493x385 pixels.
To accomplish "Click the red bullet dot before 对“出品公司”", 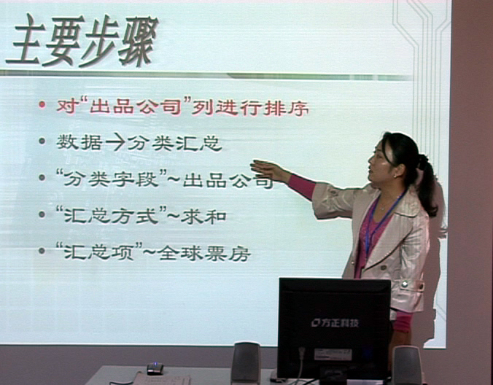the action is [42, 104].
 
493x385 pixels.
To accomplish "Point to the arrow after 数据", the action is [116, 142].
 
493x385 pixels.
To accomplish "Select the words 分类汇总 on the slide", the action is [175, 144].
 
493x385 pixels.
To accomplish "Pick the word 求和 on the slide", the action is [203, 217].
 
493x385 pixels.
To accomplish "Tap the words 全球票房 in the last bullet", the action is [204, 253].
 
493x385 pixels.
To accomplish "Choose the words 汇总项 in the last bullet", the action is [99, 252].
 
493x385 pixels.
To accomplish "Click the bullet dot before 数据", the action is [42, 141].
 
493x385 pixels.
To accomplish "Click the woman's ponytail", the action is [427, 185].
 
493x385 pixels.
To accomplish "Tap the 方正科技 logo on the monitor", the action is [335, 323].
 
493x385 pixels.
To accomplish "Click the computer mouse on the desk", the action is [155, 368].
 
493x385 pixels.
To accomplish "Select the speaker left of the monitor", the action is [246, 362].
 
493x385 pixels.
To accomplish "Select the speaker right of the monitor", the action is [407, 365].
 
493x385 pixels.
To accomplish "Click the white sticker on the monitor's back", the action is [333, 354].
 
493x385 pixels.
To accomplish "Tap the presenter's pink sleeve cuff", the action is [302, 187].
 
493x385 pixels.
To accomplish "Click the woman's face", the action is [380, 163].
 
